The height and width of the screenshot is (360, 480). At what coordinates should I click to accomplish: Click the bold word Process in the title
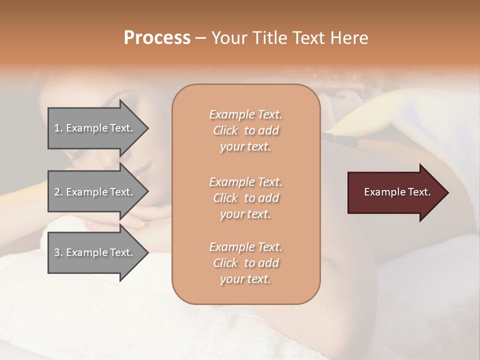[157, 38]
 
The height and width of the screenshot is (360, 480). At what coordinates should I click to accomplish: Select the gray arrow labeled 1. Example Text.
[95, 128]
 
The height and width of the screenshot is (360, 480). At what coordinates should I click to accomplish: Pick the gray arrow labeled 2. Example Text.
[95, 192]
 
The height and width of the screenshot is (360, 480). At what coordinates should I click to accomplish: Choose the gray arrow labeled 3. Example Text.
[95, 252]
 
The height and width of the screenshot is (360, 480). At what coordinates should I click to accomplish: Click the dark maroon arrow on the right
[395, 192]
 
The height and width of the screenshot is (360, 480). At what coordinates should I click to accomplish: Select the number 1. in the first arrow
[58, 128]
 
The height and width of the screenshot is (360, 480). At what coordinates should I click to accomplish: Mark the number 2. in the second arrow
[58, 192]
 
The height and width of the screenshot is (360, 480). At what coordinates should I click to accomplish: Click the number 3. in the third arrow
[58, 252]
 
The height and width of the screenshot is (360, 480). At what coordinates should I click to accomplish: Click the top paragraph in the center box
[245, 130]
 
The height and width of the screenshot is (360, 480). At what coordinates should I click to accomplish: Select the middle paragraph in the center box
[245, 198]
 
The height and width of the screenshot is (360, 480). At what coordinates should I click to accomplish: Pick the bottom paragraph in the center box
[245, 263]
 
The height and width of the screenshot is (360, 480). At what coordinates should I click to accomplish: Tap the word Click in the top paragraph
[225, 130]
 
